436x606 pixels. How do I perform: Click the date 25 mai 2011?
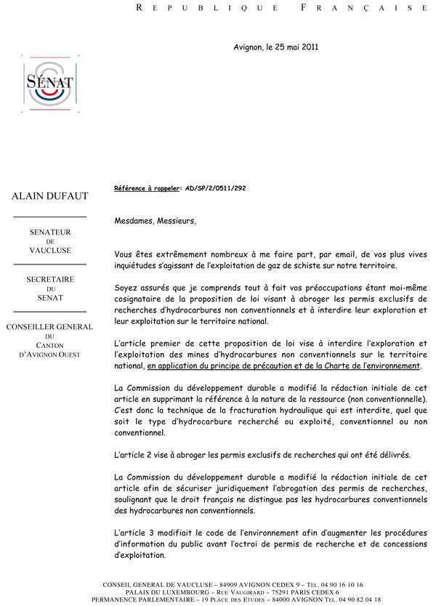click(294, 47)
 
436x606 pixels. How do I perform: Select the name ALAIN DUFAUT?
click(49, 196)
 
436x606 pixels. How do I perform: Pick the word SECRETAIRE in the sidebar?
click(49, 279)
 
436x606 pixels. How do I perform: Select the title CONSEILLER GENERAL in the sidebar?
click(49, 327)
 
